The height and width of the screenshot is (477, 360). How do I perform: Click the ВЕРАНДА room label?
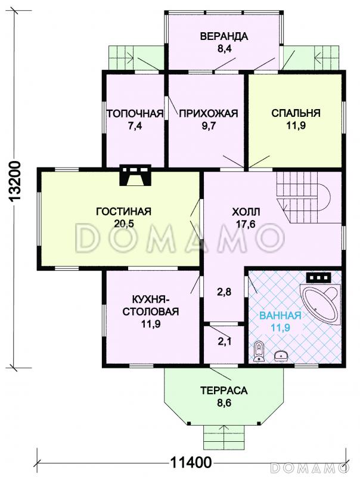click(224, 36)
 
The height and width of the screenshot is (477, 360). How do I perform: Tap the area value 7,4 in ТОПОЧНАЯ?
click(135, 126)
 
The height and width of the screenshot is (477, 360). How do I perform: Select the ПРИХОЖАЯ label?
click(208, 113)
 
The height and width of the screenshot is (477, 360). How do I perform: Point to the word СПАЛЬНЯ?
click(296, 113)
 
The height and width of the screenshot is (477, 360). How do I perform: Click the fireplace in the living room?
click(135, 175)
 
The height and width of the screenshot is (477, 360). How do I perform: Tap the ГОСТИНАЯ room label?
click(124, 211)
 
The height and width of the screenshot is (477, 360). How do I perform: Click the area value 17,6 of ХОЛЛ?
click(246, 224)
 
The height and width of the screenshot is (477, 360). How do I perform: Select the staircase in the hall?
click(303, 197)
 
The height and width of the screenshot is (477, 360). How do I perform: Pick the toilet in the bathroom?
click(259, 352)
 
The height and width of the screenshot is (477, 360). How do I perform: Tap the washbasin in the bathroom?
click(281, 355)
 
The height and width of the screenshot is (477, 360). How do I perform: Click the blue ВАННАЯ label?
click(280, 315)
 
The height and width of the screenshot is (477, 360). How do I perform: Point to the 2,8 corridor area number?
click(224, 292)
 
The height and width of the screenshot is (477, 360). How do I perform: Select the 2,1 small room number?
click(224, 342)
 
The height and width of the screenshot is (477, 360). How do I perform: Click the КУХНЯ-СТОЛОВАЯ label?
click(151, 305)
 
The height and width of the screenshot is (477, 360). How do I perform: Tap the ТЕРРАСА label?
click(224, 391)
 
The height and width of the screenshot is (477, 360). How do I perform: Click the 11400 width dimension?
click(191, 463)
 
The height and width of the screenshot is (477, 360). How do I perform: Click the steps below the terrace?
click(224, 437)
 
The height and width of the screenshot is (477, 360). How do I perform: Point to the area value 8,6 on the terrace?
click(224, 404)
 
